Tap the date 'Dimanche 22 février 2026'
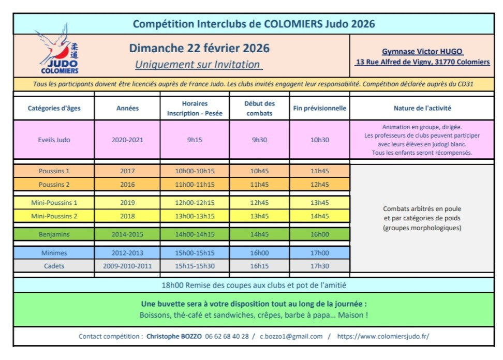[199, 49]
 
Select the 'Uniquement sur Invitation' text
[199, 65]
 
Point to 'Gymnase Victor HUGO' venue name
[422, 52]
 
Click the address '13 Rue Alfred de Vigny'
[422, 62]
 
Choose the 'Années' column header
[127, 109]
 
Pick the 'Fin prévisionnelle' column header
[319, 109]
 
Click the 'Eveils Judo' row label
[54, 140]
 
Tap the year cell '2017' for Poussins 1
[127, 171]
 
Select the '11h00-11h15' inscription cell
[195, 185]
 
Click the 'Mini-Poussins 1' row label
[54, 203]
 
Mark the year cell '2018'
[127, 216]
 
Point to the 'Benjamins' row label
[54, 234]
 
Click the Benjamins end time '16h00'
[319, 234]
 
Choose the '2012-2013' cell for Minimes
[127, 253]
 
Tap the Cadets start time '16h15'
[259, 266]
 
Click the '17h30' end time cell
[319, 266]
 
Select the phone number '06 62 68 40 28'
[227, 336]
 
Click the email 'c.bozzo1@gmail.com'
[291, 336]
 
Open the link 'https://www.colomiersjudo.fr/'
[383, 336]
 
